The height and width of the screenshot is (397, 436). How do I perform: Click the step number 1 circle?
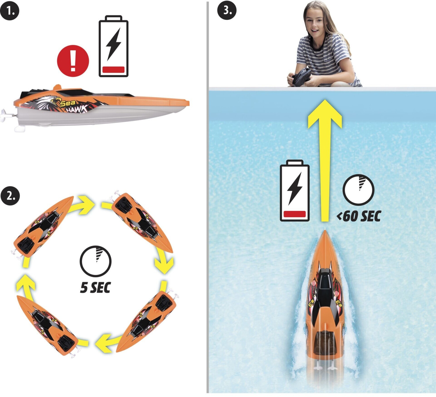pyautogui.click(x=10, y=11)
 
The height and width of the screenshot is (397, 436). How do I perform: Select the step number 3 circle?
pyautogui.click(x=227, y=10)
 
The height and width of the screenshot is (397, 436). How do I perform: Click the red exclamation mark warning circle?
pyautogui.click(x=73, y=61)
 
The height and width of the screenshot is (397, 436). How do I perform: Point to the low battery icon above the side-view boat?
pyautogui.click(x=113, y=46)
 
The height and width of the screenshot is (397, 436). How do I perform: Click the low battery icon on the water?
pyautogui.click(x=295, y=190)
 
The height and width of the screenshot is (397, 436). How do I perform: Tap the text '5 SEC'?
pyautogui.click(x=96, y=287)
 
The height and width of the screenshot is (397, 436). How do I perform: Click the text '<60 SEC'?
pyautogui.click(x=359, y=216)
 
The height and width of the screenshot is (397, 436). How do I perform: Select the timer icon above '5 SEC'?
pyautogui.click(x=96, y=261)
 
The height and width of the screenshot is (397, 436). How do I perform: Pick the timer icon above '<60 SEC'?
pyautogui.click(x=358, y=190)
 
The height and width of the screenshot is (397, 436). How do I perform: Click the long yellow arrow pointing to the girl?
pyautogui.click(x=325, y=161)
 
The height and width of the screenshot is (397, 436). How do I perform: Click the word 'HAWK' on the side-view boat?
pyautogui.click(x=77, y=109)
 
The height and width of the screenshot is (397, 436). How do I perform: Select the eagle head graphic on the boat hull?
pyautogui.click(x=47, y=102)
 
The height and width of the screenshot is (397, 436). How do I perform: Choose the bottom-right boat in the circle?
pyautogui.click(x=147, y=321)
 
